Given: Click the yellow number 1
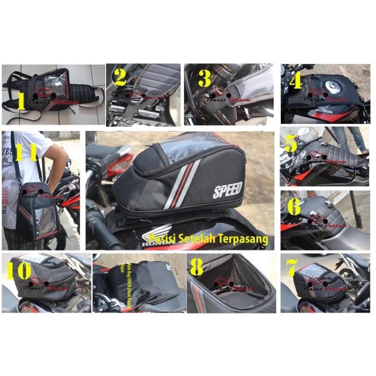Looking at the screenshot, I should (21, 100).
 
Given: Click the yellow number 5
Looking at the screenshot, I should (291, 144).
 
